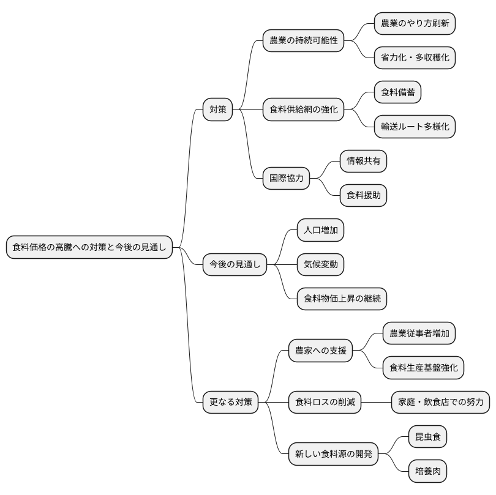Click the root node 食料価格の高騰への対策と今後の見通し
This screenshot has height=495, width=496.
tap(89, 247)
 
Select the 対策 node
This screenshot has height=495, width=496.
tap(218, 110)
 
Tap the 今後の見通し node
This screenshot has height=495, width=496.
tap(235, 264)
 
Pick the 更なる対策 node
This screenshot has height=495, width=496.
tap(230, 402)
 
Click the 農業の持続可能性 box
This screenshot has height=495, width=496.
tap(303, 41)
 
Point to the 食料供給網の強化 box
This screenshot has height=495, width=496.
tap(303, 110)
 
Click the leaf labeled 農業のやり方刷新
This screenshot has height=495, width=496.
tap(415, 24)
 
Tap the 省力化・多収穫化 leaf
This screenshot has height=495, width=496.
tap(415, 58)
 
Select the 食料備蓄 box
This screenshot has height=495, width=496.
tap(397, 92)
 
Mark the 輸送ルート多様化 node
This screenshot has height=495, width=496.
tap(415, 127)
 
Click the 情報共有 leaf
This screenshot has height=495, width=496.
tap(364, 162)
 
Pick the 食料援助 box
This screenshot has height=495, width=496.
tap(364, 196)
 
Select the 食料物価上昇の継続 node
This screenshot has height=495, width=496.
tap(342, 299)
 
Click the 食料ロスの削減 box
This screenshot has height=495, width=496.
tap(325, 402)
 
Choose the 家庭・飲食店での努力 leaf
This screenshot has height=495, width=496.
tap(440, 402)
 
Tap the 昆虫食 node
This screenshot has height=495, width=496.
tap(427, 437)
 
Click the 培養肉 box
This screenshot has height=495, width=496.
tap(427, 471)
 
